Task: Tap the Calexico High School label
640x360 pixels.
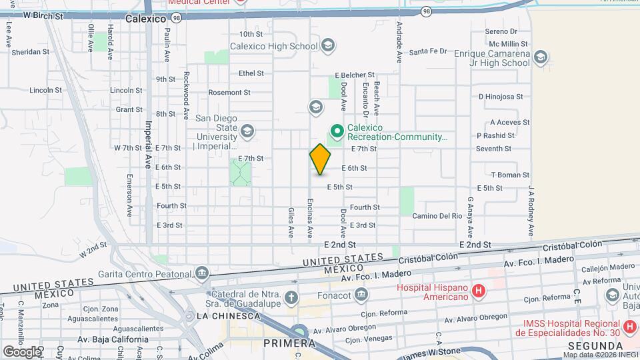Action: [274, 47]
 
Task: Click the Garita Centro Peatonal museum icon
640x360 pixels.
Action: [201, 273]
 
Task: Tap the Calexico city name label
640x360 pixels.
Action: [145, 19]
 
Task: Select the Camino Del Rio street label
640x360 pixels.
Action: [437, 216]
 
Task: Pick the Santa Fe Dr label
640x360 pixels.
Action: [427, 51]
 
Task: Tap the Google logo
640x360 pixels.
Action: [22, 351]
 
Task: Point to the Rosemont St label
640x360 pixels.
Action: [229, 93]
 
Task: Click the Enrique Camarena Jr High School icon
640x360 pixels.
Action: [541, 57]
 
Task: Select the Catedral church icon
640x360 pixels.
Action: [291, 297]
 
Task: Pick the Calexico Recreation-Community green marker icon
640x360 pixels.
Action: [337, 131]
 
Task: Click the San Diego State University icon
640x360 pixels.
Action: [248, 131]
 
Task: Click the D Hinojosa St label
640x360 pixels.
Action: [501, 97]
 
